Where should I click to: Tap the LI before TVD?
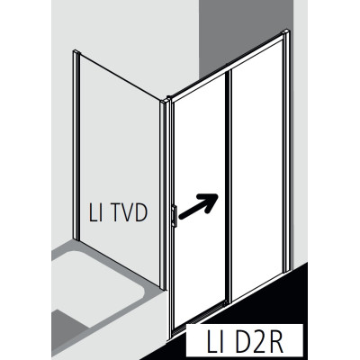(94, 212)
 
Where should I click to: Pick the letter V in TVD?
(126, 212)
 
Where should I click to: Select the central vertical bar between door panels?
(229, 187)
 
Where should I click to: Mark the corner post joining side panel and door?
(163, 195)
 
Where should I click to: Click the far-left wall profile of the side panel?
(76, 146)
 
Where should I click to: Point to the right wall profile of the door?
(287, 150)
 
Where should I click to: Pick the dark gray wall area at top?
(246, 33)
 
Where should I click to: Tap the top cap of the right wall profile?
(287, 31)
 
